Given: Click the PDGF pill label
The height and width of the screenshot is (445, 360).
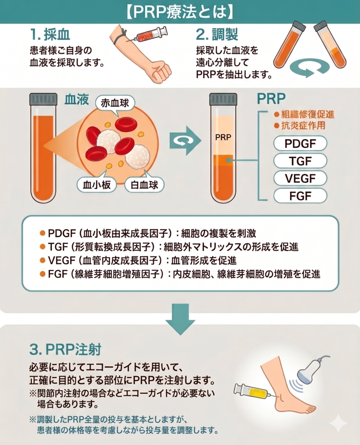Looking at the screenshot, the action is [x=300, y=143].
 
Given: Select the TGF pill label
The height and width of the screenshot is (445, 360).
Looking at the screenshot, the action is [x=300, y=161].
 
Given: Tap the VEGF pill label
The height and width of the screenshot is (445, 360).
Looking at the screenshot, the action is [x=300, y=178].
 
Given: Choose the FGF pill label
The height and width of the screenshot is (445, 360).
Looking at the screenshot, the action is [x=300, y=196].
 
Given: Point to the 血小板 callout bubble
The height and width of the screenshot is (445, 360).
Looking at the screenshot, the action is [x=97, y=185].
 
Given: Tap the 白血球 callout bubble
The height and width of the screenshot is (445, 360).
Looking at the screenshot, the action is [x=145, y=185].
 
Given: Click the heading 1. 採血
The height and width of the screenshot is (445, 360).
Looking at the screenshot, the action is [x=50, y=35].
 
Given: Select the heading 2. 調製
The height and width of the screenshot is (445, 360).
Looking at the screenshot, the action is [x=217, y=35].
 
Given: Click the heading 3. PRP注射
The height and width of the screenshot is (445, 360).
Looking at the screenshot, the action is [x=65, y=350].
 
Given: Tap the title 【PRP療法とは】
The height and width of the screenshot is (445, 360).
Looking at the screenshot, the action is [x=180, y=12].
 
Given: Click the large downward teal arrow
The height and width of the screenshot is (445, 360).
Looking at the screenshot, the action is [x=180, y=319].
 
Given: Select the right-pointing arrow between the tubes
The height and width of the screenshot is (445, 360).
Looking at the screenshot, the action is [x=185, y=140].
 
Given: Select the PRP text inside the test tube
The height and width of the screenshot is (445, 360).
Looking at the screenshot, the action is [x=223, y=137].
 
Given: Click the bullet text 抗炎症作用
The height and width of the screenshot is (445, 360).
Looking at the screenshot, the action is [x=300, y=126].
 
